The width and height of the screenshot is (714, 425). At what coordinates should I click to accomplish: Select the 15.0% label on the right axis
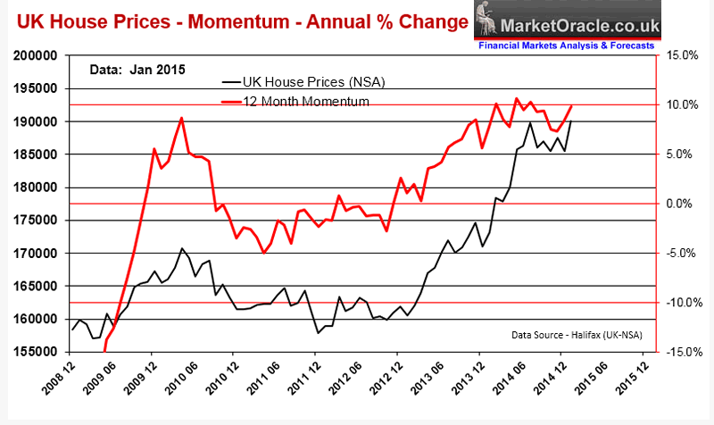pos(680,55)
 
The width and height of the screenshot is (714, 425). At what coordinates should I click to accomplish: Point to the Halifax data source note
pos(577,335)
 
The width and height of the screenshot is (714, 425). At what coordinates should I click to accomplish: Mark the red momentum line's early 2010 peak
pos(181,118)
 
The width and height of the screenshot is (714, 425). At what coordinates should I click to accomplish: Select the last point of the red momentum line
pos(571,106)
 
